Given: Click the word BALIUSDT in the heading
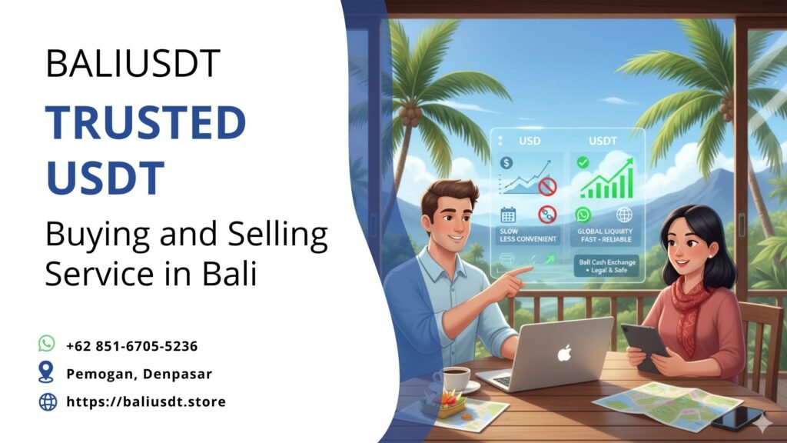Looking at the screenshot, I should tap(133, 62).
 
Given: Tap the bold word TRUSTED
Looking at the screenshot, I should tap(145, 122).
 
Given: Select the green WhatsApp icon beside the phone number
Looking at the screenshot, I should tap(47, 344).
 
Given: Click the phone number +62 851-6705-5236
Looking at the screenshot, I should tap(131, 346).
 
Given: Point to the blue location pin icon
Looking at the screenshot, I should tap(47, 372).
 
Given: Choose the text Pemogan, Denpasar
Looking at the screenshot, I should tap(139, 374).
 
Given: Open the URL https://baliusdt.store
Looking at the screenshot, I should tap(146, 401).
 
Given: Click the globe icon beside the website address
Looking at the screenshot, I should tap(47, 401).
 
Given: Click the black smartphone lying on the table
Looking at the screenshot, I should tap(736, 418).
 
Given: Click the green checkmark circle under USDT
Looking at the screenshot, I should tap(583, 162).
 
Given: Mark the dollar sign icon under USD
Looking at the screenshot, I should tap(506, 163).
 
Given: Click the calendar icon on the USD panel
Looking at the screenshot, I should tap(507, 215).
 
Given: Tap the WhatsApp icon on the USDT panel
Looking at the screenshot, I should tap(583, 215).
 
